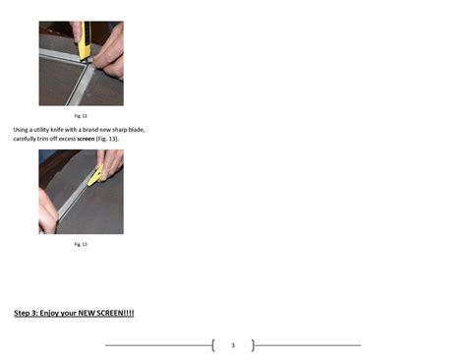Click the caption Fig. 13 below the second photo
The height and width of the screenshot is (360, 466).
pos(82,244)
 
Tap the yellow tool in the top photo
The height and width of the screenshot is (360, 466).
pos(86,39)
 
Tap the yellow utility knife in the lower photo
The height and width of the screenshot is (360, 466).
pos(95,176)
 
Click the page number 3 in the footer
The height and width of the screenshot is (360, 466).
pos(233,345)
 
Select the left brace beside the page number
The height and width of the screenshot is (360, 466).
pos(213,345)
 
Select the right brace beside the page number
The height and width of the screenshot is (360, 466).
pos(253,345)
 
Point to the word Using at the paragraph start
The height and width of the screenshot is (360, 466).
pos(22,129)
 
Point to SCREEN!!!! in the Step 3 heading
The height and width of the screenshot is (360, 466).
pos(115,314)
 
